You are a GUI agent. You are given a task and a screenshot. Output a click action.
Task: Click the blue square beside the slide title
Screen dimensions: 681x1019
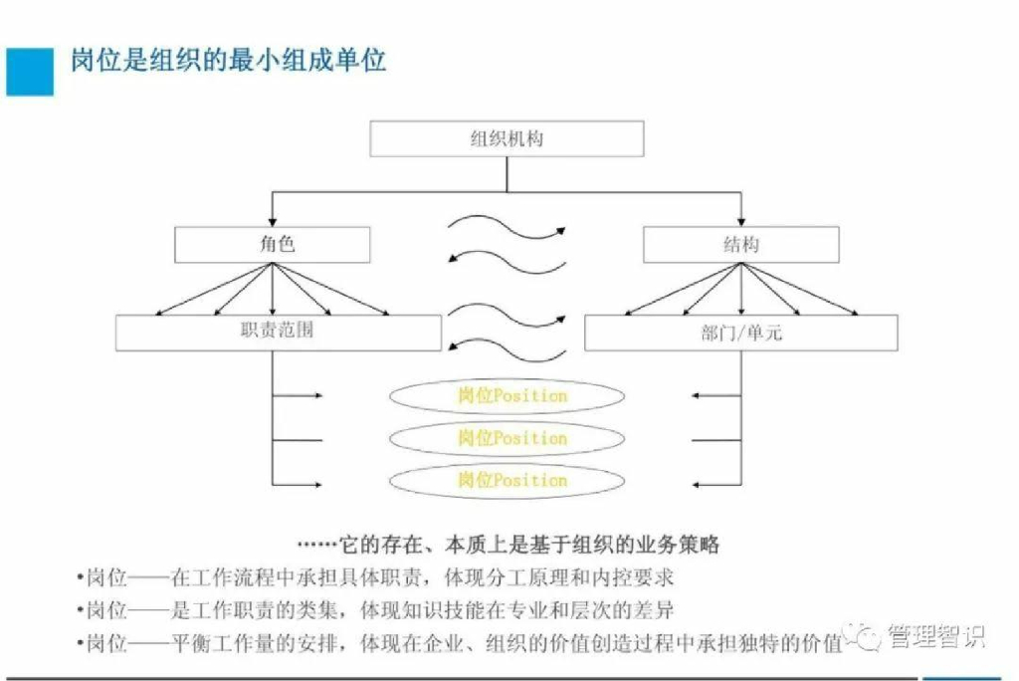coord(30,71)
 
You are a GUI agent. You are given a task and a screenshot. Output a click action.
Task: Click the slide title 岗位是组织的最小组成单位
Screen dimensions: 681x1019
coord(228,61)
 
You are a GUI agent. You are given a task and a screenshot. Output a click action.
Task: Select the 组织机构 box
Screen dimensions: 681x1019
coord(507,139)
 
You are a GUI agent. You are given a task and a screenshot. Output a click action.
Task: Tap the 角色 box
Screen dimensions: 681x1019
coord(272,244)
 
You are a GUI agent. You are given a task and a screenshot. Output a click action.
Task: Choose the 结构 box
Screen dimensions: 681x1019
coord(740,244)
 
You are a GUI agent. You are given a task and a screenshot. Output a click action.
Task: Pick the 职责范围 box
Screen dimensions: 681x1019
coord(278,333)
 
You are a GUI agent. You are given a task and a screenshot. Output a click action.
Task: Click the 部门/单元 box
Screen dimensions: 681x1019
coord(740,333)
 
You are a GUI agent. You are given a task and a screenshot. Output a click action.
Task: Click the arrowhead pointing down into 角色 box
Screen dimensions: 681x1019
coord(272,221)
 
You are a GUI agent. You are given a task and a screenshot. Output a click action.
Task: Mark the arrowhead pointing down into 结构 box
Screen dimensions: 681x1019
coord(740,221)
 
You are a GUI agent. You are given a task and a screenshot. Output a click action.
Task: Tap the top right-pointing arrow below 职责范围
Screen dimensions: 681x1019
coord(299,396)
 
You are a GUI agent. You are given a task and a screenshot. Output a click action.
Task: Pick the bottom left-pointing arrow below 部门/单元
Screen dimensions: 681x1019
coord(716,484)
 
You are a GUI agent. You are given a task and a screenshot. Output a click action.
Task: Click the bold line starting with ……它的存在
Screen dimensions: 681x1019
coord(509,545)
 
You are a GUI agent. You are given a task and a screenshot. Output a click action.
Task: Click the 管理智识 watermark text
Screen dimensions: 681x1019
coord(934,637)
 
